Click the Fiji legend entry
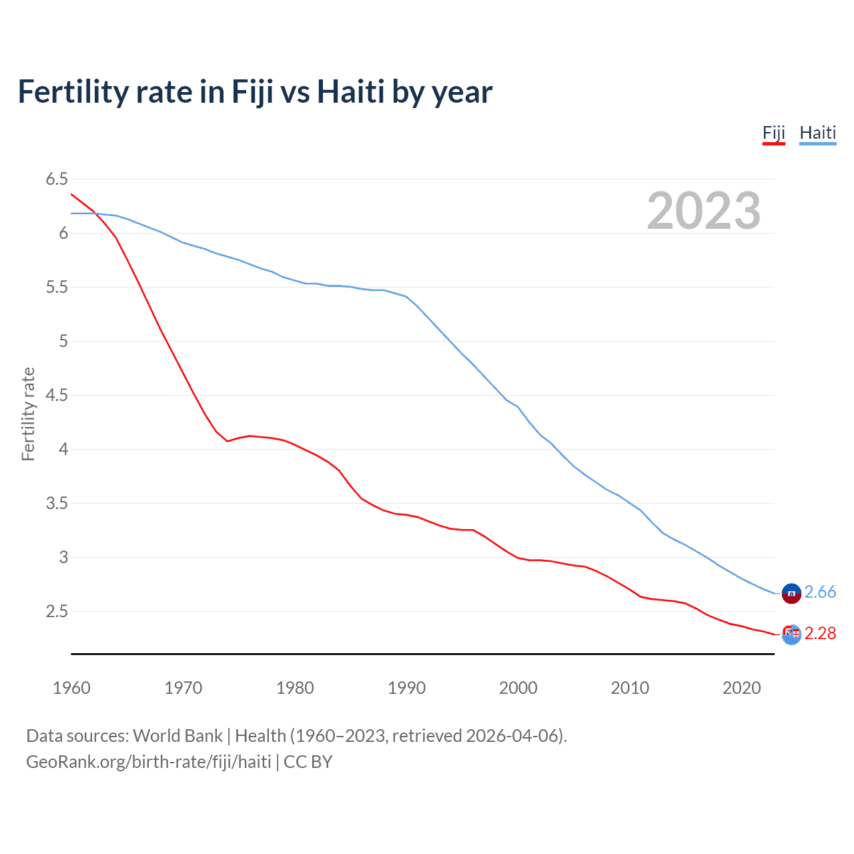tap(774, 133)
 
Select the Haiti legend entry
tap(817, 133)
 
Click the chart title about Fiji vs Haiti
tap(255, 91)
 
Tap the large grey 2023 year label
tap(703, 211)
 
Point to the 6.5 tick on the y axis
tap(57, 179)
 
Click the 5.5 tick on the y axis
tap(57, 287)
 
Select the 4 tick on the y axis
tap(63, 449)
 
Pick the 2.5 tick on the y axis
tap(57, 611)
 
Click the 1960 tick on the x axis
tap(71, 688)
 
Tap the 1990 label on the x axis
tap(406, 688)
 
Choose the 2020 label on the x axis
tap(741, 688)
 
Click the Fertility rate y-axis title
tap(28, 414)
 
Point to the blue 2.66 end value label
tap(820, 592)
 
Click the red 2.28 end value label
tap(820, 633)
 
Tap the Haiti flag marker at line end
tap(791, 592)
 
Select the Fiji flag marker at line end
tap(791, 634)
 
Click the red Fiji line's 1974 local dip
tap(228, 441)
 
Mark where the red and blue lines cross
tap(96, 214)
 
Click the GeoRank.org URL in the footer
tap(149, 762)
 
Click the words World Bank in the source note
tap(177, 736)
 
